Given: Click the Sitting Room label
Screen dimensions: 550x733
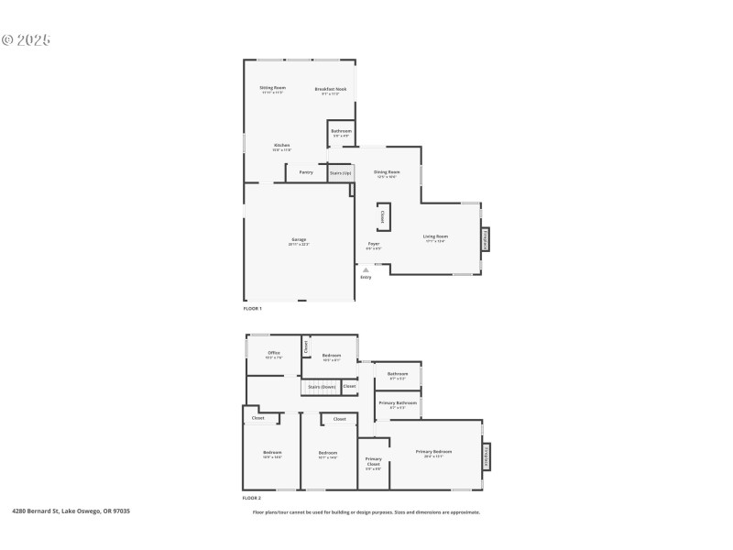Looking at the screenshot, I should pos(273,88).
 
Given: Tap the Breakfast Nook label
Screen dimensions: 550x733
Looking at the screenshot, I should pos(331,89).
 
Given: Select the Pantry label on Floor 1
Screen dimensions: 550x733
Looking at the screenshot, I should pos(306,171).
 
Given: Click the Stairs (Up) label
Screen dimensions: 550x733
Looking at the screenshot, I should pos(341,172).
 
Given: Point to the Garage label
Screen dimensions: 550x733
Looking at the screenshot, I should pos(300,240).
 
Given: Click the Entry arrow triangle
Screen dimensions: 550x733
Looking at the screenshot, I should pos(366,269).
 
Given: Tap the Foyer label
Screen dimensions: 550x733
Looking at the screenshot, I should pos(374,244).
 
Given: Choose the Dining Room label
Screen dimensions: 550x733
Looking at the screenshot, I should pos(387,172).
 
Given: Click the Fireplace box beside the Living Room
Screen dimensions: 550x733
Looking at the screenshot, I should pos(486,238).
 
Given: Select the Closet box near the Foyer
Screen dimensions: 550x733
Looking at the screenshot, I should pos(382,217).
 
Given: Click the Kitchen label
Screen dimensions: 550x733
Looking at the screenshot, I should pos(281,146).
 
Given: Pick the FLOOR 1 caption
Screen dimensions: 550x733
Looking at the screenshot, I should pos(252,309).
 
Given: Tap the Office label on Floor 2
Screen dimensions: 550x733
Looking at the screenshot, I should pos(273,353).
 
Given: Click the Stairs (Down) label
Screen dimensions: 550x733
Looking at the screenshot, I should pos(322,387).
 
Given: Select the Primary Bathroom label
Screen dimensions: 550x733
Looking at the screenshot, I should pos(399,402).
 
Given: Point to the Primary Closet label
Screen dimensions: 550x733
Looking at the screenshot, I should pos(374,461).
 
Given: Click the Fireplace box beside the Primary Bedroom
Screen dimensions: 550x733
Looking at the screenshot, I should pos(486,456).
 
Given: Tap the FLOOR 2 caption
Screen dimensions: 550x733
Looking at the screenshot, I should pos(252,498).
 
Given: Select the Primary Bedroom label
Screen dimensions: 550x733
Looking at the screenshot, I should pos(433,452).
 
